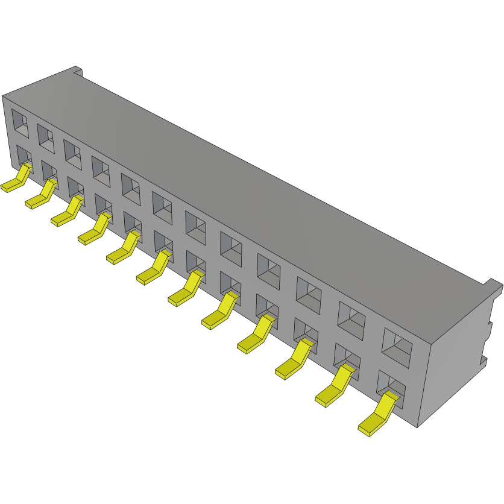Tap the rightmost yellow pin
379,416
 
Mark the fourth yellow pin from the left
95,232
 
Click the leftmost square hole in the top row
19,122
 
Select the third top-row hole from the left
73,154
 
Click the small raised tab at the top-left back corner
77,70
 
